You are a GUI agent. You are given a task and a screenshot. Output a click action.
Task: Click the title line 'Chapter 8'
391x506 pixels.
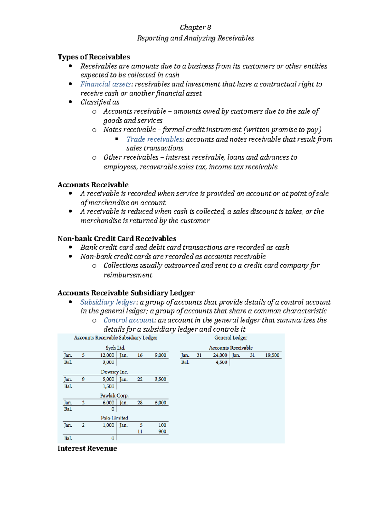tap(195, 27)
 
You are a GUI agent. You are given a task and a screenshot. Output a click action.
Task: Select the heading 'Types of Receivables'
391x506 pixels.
tap(94, 57)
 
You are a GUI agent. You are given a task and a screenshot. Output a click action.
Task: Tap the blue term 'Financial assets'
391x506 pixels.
tap(106, 84)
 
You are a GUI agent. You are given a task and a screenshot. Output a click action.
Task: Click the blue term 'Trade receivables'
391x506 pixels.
tap(154, 139)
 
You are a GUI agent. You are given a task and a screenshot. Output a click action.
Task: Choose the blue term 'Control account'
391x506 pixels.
tap(129, 320)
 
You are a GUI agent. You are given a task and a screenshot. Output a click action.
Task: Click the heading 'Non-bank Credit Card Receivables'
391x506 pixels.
tap(117, 239)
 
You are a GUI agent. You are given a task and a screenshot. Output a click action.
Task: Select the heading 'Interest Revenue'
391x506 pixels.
tap(87, 448)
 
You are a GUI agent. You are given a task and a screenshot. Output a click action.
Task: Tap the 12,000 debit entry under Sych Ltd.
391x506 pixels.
tap(107, 355)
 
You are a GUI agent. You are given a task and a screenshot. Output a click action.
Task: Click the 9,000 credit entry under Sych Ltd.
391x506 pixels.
tap(160, 355)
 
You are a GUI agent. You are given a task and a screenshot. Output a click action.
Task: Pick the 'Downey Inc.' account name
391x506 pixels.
tap(114, 372)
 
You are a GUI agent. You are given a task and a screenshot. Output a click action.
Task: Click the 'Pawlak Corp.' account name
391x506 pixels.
tap(114, 396)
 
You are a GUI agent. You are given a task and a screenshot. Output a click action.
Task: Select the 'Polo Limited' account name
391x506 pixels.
tap(114, 418)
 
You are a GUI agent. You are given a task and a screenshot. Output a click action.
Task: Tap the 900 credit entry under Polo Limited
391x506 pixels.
tap(162, 431)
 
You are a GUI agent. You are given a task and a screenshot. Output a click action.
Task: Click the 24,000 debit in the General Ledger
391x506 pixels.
tap(220, 355)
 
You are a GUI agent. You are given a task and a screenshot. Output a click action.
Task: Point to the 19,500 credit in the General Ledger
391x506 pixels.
tap(272, 355)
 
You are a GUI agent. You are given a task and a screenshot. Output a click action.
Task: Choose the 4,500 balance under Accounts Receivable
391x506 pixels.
tap(221, 362)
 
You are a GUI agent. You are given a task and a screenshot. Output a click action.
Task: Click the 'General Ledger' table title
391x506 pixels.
tap(231, 338)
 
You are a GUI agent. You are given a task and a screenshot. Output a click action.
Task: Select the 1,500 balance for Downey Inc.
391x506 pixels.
tap(109, 386)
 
